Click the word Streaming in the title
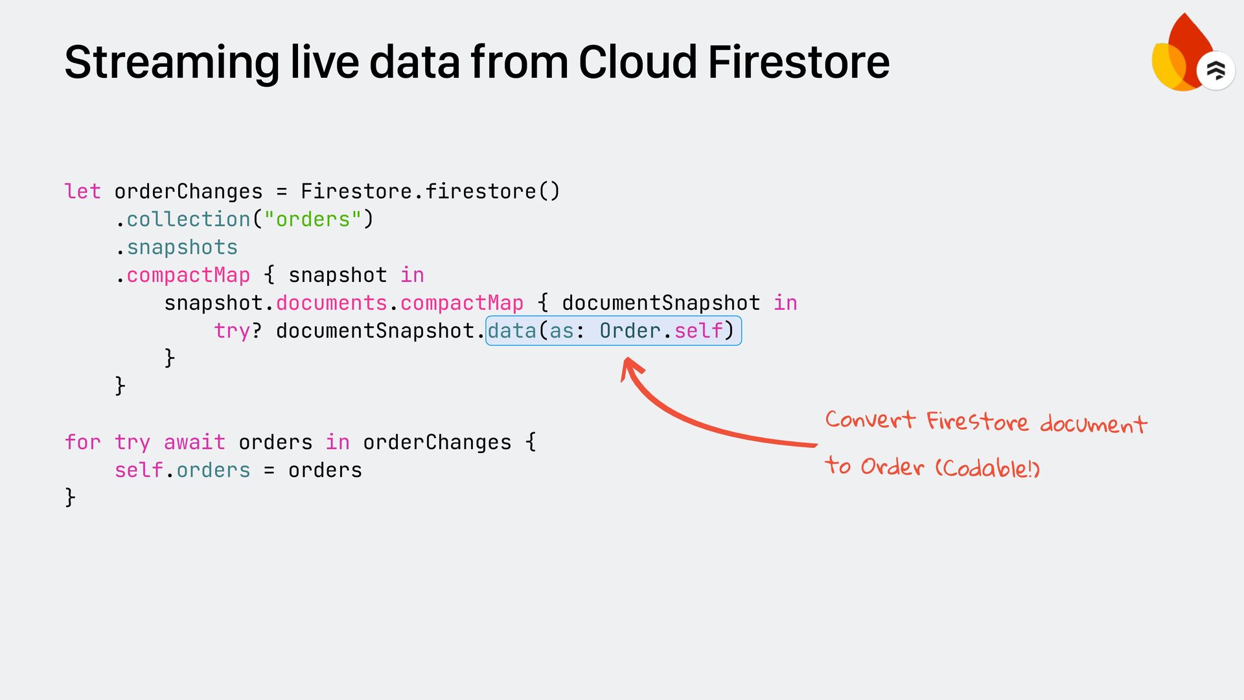tap(172, 63)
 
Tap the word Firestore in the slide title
tap(798, 63)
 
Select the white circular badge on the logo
tap(1215, 70)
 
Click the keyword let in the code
tap(83, 192)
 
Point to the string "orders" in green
tap(313, 220)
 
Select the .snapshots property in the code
tap(178, 248)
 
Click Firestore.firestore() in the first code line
tap(430, 192)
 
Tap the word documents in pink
tap(331, 303)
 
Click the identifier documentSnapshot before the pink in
tap(661, 303)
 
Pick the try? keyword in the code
tap(238, 331)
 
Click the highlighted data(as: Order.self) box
tap(613, 331)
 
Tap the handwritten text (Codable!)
tap(987, 468)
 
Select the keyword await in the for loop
tap(194, 443)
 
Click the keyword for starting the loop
tap(83, 443)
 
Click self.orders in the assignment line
tap(182, 471)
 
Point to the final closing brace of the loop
tap(70, 498)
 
